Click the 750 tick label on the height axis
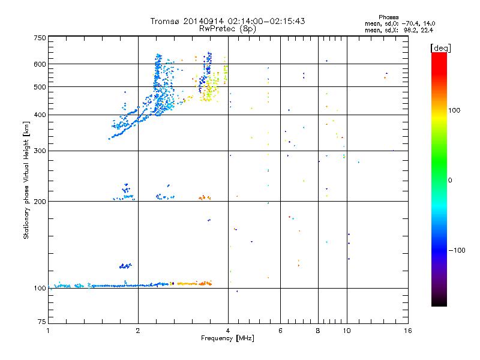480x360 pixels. pos(40,37)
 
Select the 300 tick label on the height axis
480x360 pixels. pos(40,151)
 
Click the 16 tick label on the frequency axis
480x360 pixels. pos(407,331)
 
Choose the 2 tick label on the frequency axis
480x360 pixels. pos(138,331)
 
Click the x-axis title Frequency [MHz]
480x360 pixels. pos(227,339)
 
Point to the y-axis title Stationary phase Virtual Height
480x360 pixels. pos(26,180)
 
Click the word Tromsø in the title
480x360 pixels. pos(166,21)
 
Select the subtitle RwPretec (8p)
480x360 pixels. pos(227,28)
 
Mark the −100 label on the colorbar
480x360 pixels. pos(458,250)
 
